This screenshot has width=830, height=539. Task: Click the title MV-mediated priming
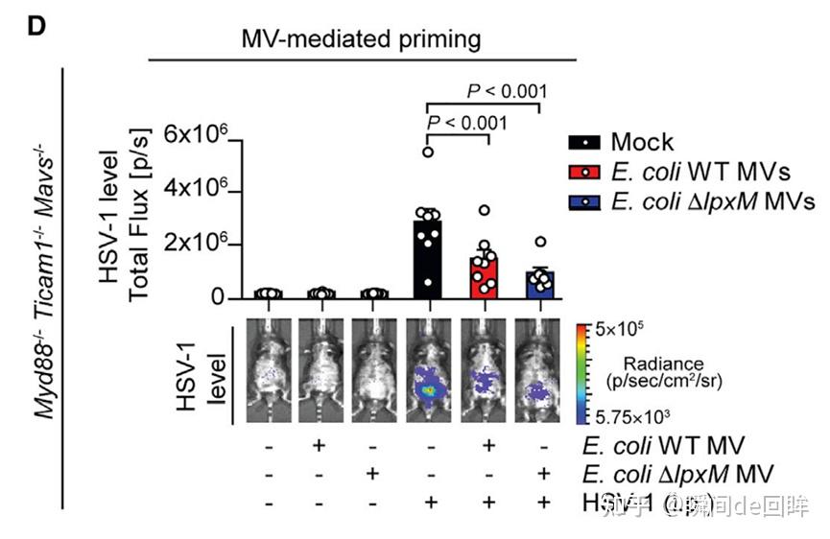361,39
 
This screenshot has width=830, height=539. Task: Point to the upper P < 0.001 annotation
507,92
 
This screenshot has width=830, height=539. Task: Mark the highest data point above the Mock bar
429,152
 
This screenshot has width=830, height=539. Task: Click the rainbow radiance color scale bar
581,374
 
